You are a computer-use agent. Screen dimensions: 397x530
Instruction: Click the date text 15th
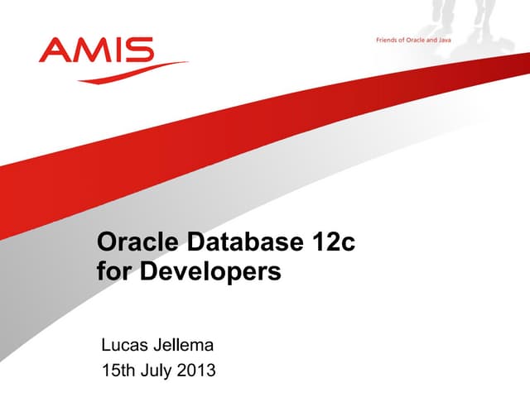[x=118, y=370]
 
